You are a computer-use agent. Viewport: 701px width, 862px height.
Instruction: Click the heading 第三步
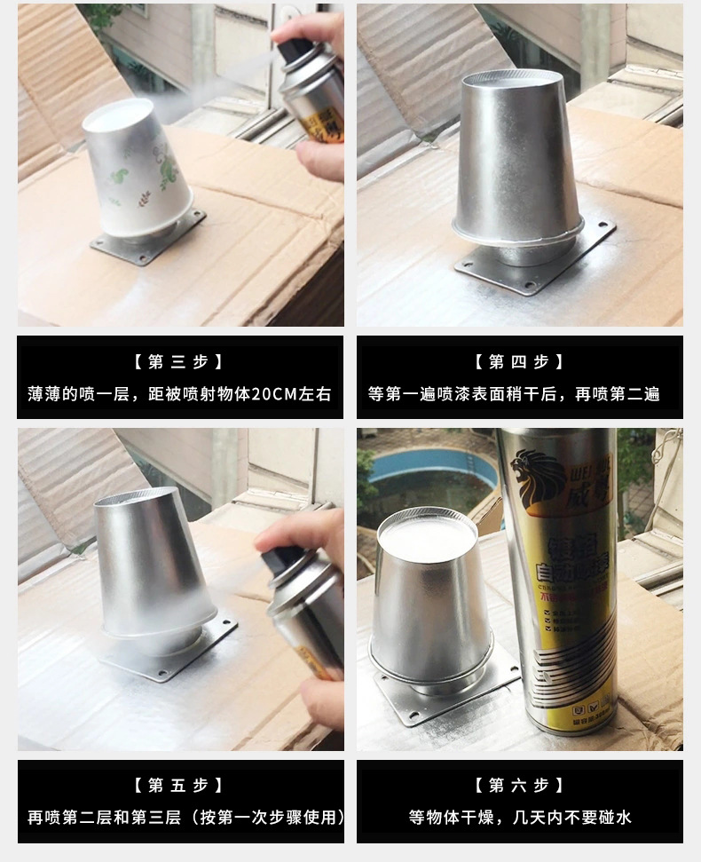180,361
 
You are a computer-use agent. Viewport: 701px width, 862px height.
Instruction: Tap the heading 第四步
520,361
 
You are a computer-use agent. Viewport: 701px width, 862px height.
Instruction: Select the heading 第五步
180,785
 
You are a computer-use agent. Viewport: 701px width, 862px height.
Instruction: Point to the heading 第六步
520,785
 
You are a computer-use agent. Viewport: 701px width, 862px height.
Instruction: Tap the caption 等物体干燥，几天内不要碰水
520,817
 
